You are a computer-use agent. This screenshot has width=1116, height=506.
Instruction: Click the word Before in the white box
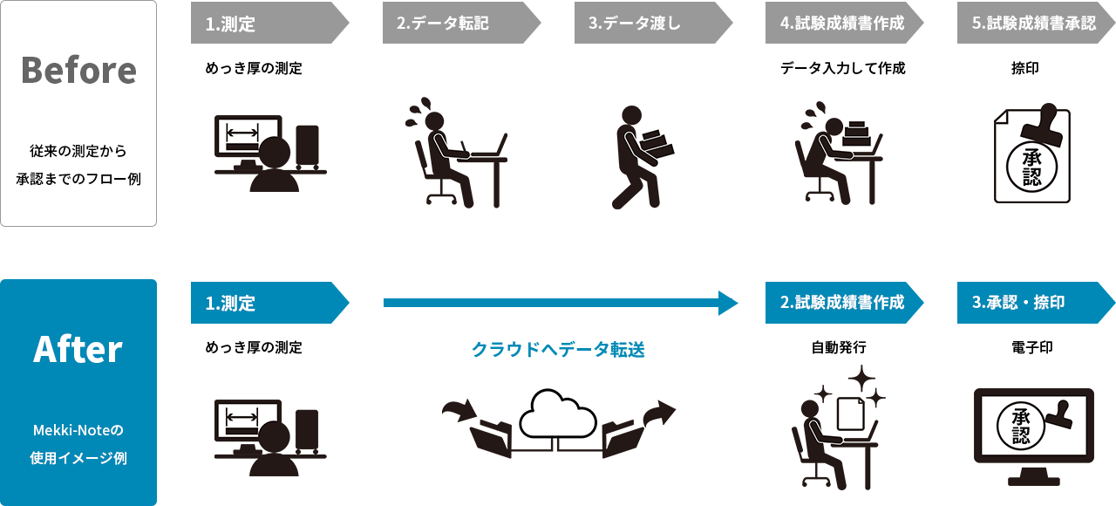[x=78, y=71]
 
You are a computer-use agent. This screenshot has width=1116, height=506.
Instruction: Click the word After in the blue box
[x=78, y=350]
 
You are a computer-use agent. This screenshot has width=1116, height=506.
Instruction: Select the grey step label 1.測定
[x=231, y=24]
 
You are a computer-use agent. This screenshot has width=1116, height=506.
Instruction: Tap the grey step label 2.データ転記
[x=443, y=24]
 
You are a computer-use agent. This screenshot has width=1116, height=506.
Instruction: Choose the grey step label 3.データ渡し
[x=635, y=24]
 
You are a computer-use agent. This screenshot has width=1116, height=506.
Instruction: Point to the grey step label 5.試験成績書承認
[x=1033, y=24]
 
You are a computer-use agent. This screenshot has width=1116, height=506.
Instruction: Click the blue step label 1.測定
[x=231, y=303]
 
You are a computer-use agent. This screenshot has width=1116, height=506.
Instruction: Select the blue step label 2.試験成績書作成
[x=841, y=303]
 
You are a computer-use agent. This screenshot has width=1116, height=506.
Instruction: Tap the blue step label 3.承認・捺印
[x=1018, y=303]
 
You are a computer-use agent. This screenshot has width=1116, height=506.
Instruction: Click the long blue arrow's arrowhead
[x=728, y=303]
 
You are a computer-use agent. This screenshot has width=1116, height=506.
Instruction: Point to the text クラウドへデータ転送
[x=558, y=350]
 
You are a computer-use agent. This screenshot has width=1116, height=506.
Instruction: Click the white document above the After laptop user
[x=850, y=414]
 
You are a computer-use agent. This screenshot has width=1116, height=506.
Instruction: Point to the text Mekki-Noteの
[x=78, y=430]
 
